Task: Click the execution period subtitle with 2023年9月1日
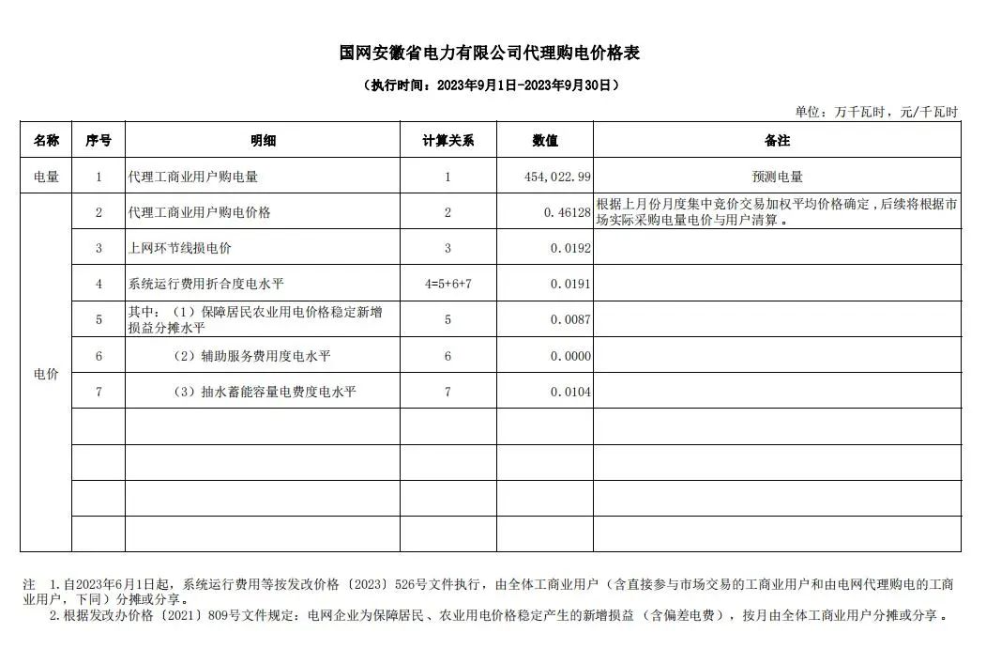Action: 491,85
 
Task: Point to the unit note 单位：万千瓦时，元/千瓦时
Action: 876,112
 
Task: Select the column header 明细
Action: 263,141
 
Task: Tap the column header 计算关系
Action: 447,141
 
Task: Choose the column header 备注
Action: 777,141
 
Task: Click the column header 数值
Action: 545,141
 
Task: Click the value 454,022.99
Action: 557,177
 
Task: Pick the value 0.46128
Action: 567,213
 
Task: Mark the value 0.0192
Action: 572,249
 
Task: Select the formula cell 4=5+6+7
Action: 447,285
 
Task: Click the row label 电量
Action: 46,177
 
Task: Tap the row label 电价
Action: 46,374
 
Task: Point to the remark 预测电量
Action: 777,177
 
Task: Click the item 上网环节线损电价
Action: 180,249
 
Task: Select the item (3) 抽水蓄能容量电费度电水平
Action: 265,392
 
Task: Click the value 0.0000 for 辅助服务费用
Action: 572,356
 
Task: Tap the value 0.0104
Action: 572,392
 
